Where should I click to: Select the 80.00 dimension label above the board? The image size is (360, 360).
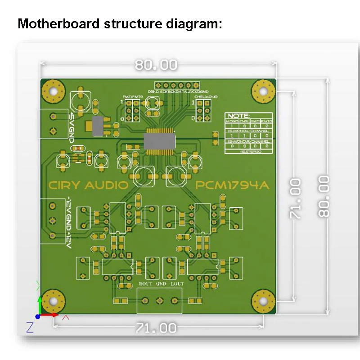coord(156,65)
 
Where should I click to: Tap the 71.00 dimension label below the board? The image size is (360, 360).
coord(156,328)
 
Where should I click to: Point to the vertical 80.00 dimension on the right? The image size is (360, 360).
coord(324,197)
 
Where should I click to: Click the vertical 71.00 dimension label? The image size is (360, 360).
coord(295,198)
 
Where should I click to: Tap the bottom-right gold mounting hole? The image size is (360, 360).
coord(263,301)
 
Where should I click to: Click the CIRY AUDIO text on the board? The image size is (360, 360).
coord(88,185)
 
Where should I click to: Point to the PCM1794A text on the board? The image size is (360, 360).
coord(229,185)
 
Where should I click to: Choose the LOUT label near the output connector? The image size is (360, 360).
coord(177,284)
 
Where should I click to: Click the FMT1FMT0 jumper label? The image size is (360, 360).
coord(133,97)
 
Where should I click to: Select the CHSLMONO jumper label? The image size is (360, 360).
coord(206,97)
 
